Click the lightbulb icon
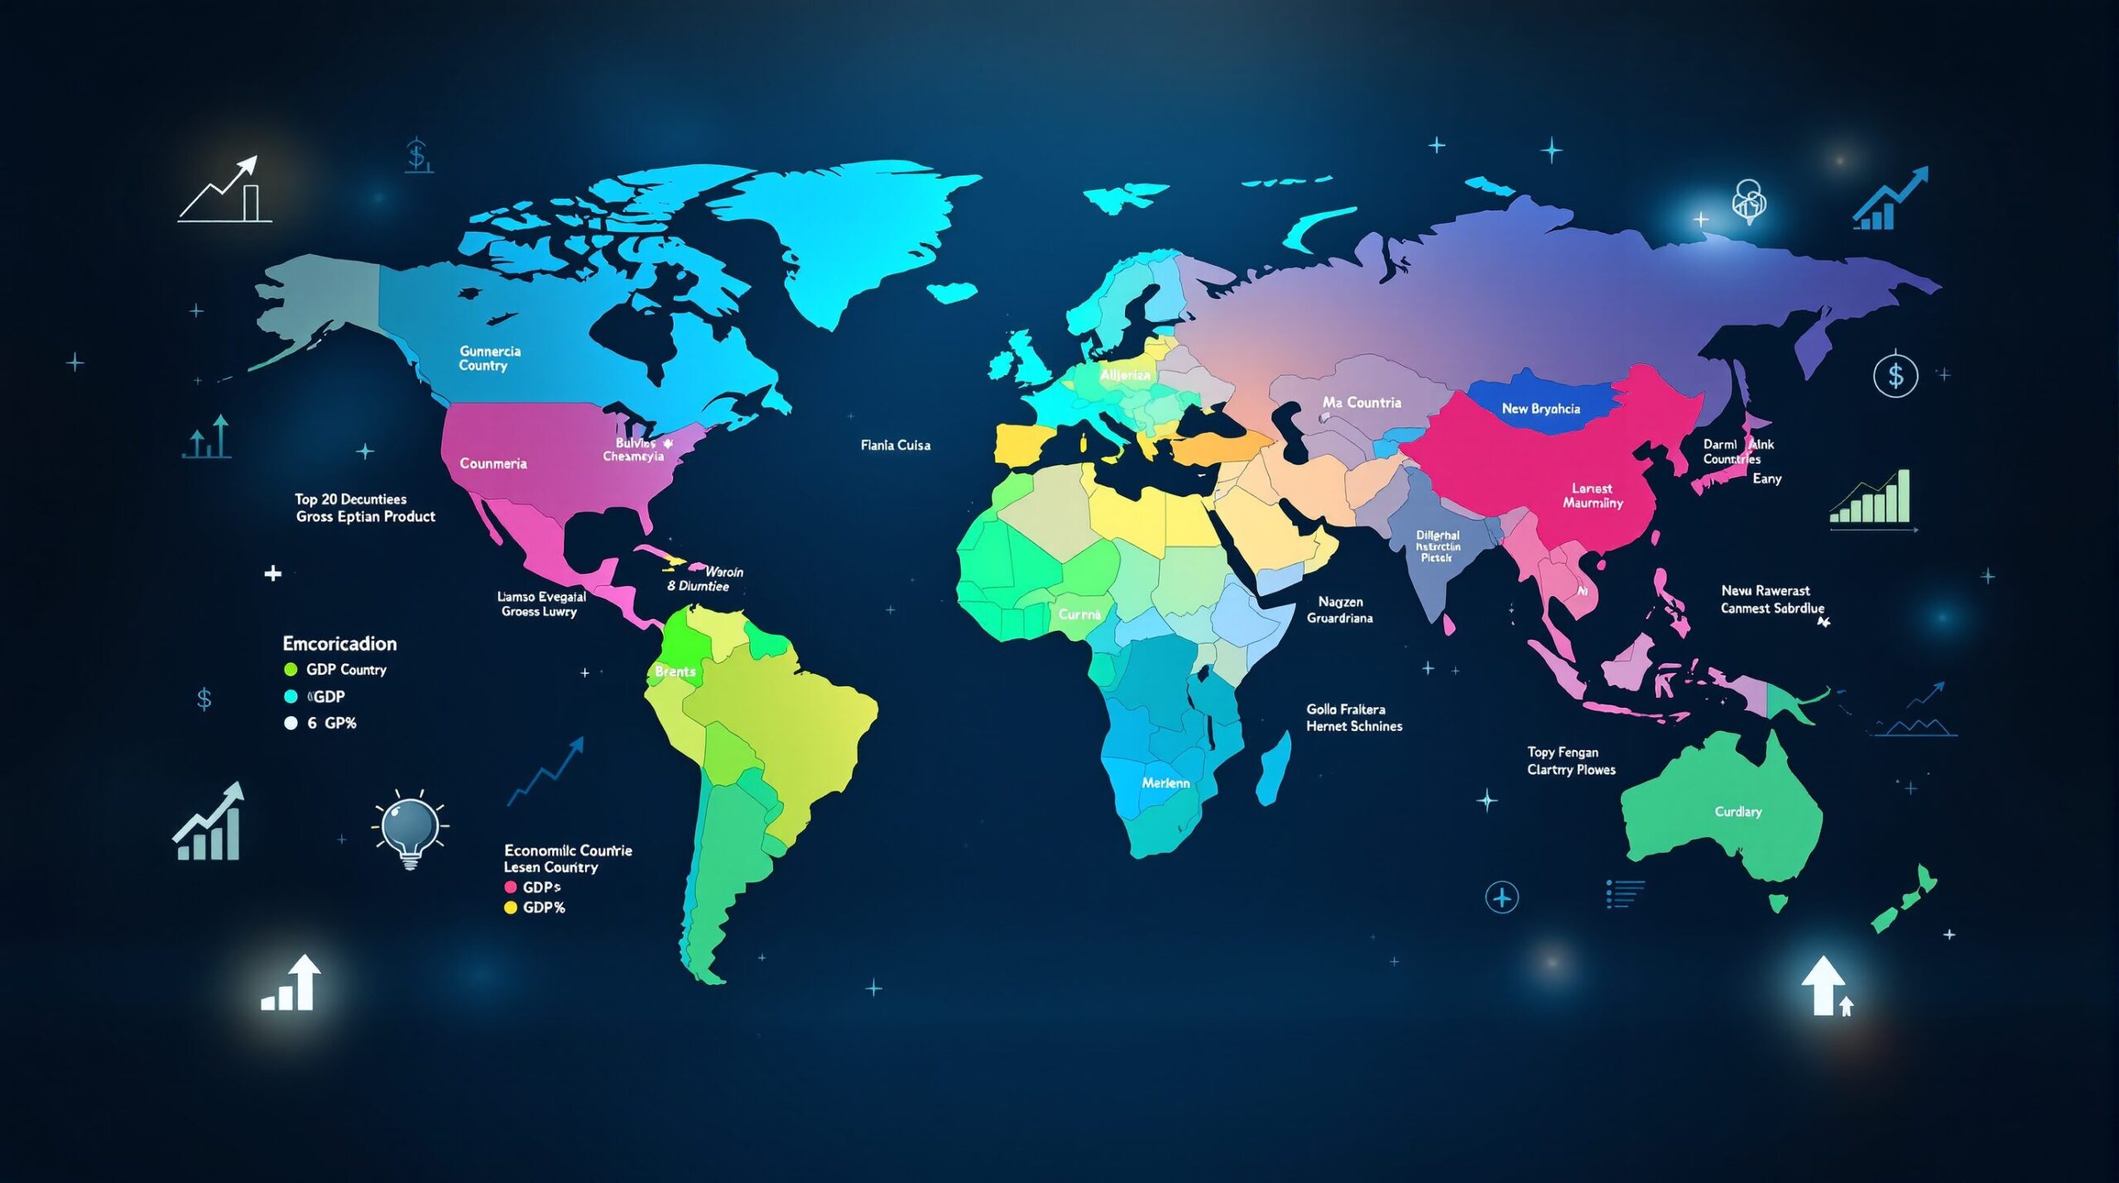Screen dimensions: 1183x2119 click(409, 829)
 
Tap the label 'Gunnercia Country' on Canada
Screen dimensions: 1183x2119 click(489, 358)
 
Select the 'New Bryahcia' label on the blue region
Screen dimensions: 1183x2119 click(1540, 409)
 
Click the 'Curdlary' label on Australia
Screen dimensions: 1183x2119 click(1737, 811)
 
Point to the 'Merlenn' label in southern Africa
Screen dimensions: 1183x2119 click(1165, 782)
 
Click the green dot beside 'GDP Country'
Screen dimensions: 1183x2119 click(291, 670)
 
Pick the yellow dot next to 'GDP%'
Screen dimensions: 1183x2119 click(511, 907)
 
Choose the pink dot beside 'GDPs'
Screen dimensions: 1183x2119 click(511, 887)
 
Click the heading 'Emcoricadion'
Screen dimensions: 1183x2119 click(339, 643)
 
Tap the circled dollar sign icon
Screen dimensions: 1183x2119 click(1896, 375)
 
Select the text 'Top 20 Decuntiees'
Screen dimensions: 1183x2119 click(350, 499)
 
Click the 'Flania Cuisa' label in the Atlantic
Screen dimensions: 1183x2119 click(895, 445)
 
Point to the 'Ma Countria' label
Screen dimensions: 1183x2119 click(1362, 402)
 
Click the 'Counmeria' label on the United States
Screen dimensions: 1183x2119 click(493, 464)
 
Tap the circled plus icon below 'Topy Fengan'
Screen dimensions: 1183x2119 click(1502, 897)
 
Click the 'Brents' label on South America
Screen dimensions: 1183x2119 click(675, 671)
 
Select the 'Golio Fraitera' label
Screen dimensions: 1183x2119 click(1345, 709)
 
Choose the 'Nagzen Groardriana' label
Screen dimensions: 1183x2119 click(1339, 610)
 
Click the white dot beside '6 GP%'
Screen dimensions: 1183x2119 click(291, 724)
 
